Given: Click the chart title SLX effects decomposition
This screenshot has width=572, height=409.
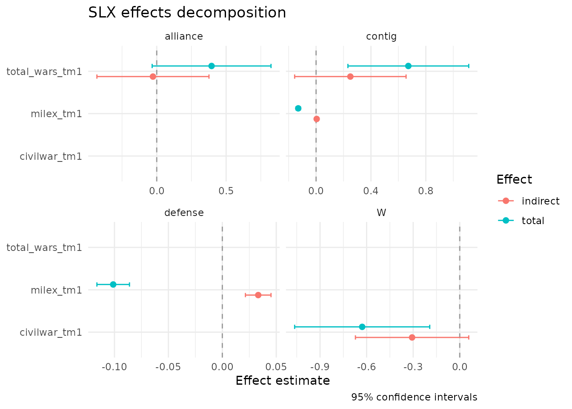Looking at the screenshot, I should (187, 13).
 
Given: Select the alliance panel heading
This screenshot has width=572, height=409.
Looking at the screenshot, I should (184, 37).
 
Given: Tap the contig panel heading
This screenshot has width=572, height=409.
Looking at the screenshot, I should (381, 37).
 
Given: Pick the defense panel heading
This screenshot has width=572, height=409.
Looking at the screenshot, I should (184, 213).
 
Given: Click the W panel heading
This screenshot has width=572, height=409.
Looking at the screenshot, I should (381, 213).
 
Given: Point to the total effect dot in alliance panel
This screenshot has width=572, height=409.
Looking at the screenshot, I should (212, 66).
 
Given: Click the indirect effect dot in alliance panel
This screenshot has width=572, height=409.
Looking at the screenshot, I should (153, 77).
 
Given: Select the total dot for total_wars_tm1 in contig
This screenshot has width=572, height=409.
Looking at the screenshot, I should (408, 66).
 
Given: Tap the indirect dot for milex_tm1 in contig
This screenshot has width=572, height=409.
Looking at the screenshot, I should (317, 119).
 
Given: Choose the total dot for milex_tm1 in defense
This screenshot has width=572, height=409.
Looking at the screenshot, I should (113, 285).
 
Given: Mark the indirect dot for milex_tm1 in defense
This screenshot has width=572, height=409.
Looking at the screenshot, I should (258, 295).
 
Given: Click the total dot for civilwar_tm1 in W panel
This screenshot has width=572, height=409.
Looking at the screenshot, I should (362, 327).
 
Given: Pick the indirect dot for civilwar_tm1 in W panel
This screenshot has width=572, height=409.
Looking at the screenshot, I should (412, 337).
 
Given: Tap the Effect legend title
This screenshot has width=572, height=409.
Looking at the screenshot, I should (514, 180).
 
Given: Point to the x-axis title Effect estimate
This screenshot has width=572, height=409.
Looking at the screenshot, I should (283, 380).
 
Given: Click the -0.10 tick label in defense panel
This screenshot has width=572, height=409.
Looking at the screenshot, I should (114, 367).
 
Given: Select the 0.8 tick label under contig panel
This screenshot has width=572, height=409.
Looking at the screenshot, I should (426, 191).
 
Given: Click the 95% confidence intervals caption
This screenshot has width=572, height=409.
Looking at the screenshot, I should (414, 397).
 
